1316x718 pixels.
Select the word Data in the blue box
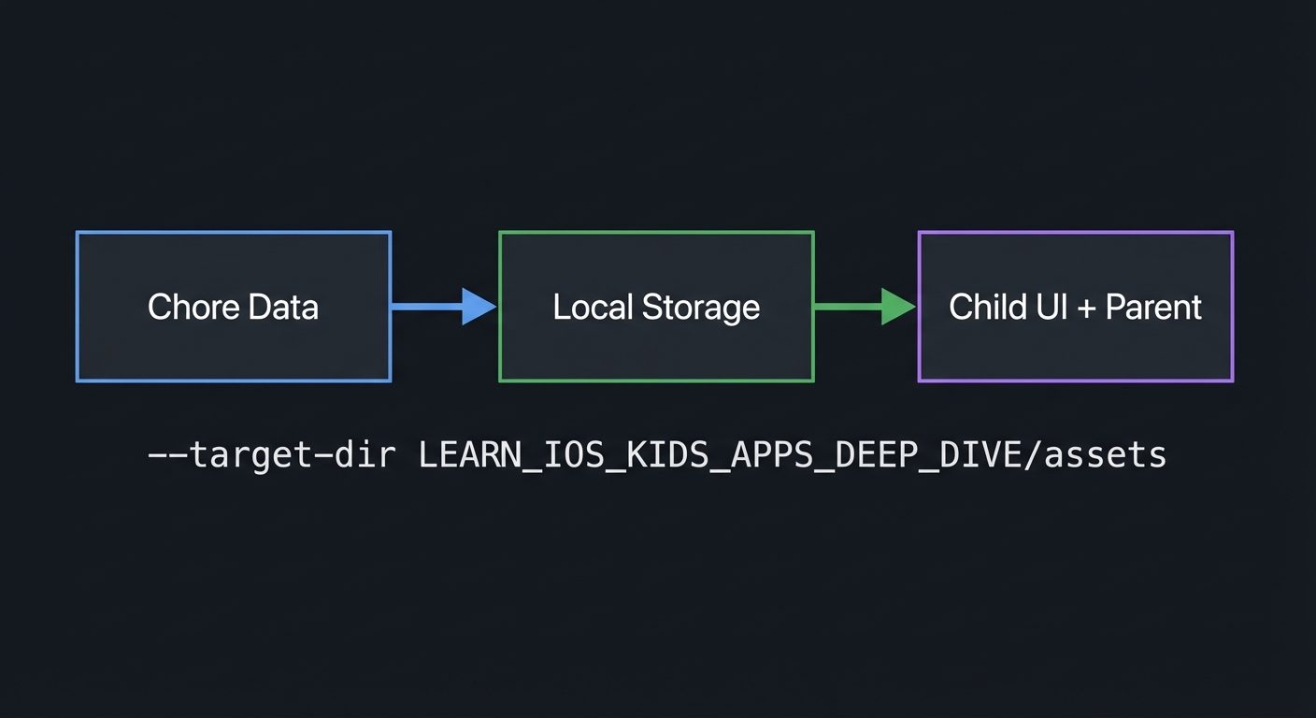tap(283, 308)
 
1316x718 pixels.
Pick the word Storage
tap(699, 308)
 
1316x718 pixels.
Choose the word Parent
tap(1153, 308)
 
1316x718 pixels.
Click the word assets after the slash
tap(1106, 455)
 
